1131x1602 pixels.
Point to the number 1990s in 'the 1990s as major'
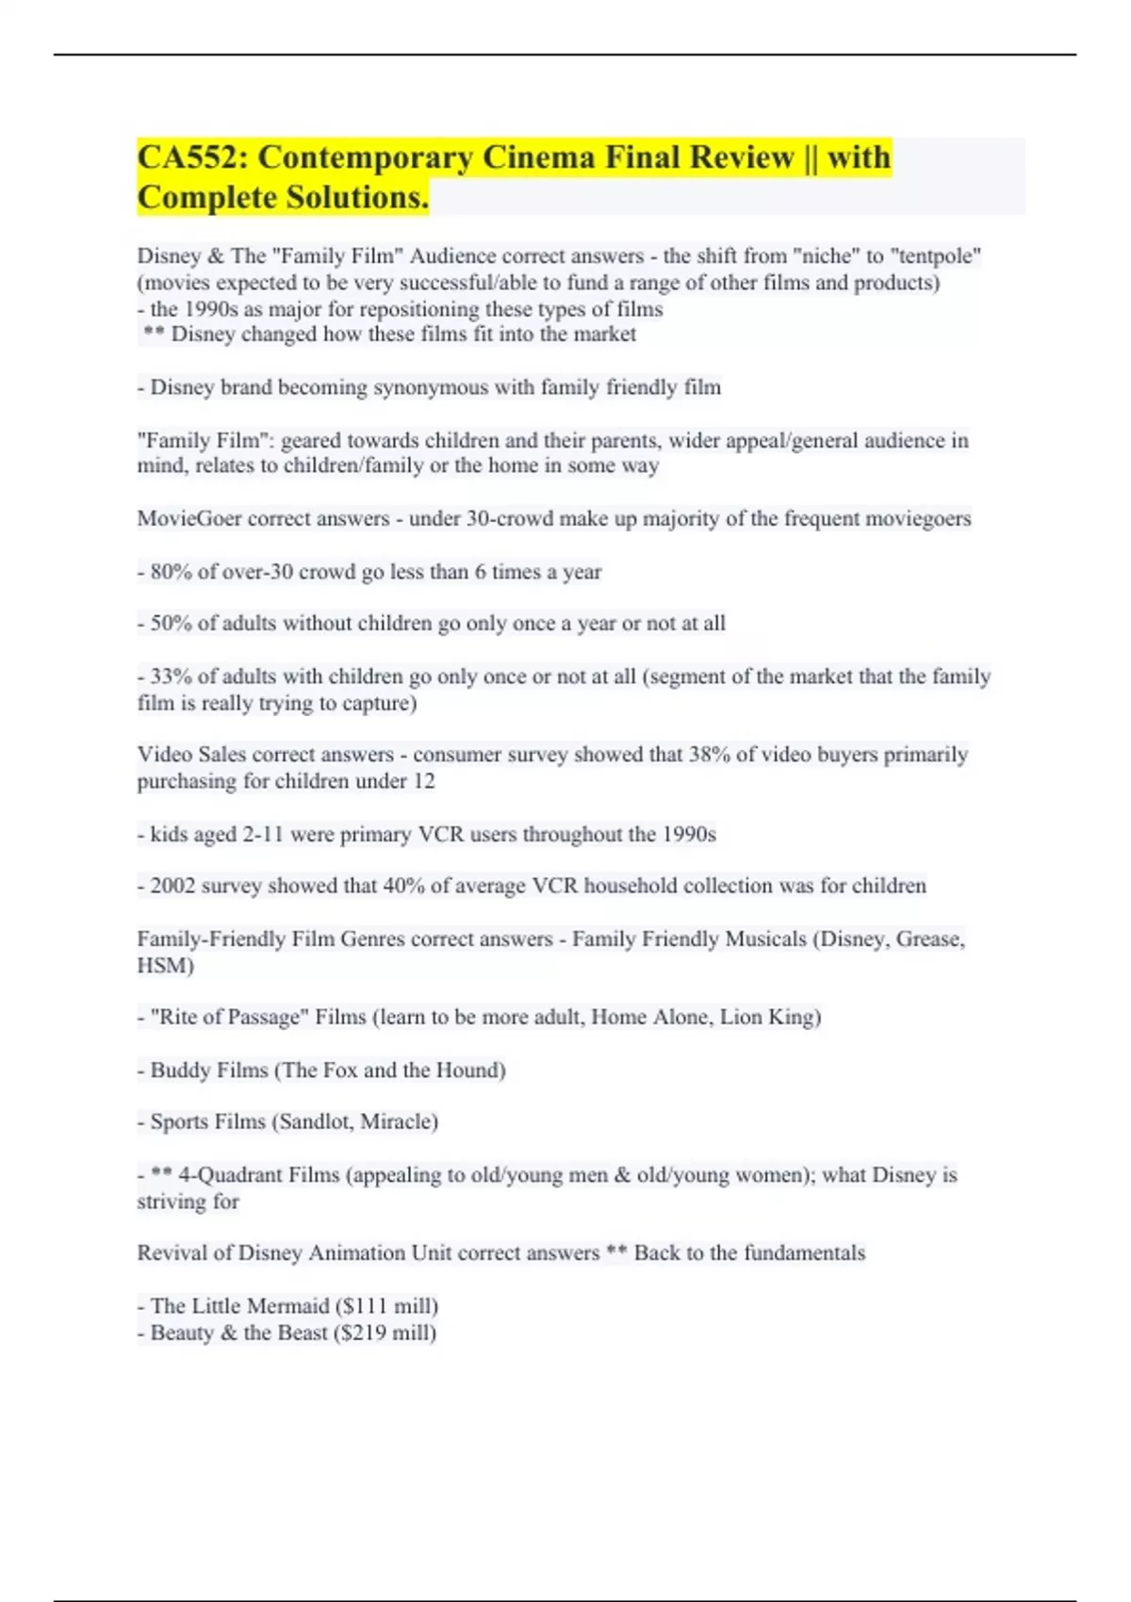tap(210, 309)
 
